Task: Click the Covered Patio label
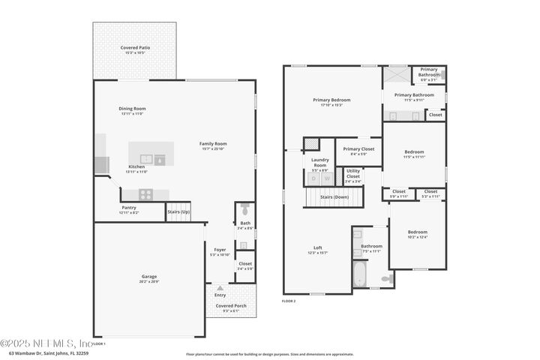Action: pyautogui.click(x=135, y=47)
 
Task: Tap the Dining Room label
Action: pyautogui.click(x=132, y=109)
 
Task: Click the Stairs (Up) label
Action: pyautogui.click(x=178, y=212)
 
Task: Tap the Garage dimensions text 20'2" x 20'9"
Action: pyautogui.click(x=149, y=281)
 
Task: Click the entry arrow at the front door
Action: pyautogui.click(x=220, y=287)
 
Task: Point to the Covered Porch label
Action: pyautogui.click(x=231, y=306)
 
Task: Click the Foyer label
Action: pyautogui.click(x=220, y=250)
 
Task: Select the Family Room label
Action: pyautogui.click(x=213, y=143)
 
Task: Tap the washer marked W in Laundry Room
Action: pyautogui.click(x=326, y=178)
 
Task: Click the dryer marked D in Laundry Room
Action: pyautogui.click(x=314, y=178)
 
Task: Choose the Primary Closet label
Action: pyautogui.click(x=358, y=148)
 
